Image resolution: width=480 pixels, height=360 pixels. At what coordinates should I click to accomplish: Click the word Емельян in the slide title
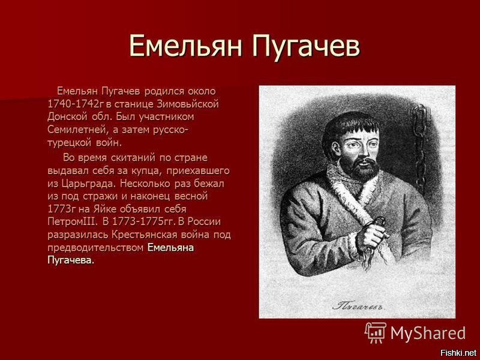point(186,46)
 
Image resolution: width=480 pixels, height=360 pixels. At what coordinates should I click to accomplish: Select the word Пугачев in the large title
point(306,47)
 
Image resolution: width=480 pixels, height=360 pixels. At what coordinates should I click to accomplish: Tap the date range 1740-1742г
point(76,104)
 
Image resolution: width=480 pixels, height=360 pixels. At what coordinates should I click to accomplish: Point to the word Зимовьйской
point(188,104)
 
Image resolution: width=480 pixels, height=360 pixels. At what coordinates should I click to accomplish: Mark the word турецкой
point(70,143)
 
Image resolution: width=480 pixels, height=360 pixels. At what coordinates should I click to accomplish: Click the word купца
point(147,172)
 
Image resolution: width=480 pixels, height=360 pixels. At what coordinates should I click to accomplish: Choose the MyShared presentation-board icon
point(376,333)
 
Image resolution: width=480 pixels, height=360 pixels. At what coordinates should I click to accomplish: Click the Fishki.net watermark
point(458,353)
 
